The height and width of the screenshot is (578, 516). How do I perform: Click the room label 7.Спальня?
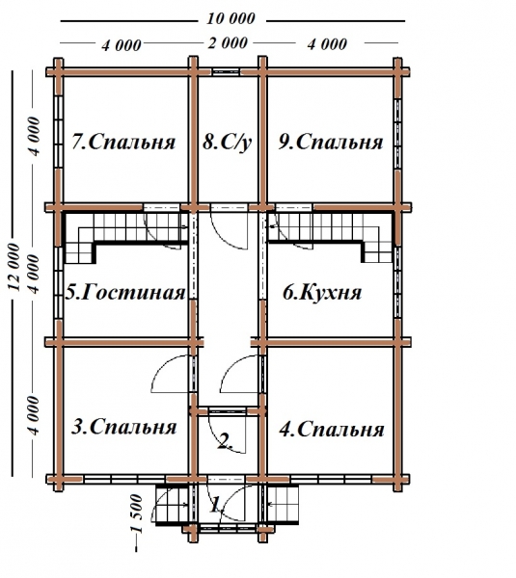pos(122,143)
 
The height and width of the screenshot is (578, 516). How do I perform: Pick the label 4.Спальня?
pos(330,430)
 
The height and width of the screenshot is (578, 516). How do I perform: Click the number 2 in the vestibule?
pos(225,442)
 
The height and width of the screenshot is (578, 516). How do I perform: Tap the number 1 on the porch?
pos(216,503)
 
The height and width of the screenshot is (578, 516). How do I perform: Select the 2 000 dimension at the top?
pos(229,44)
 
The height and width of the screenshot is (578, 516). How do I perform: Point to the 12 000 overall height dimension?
pos(14,260)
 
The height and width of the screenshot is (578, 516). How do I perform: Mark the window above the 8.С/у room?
pos(228,70)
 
